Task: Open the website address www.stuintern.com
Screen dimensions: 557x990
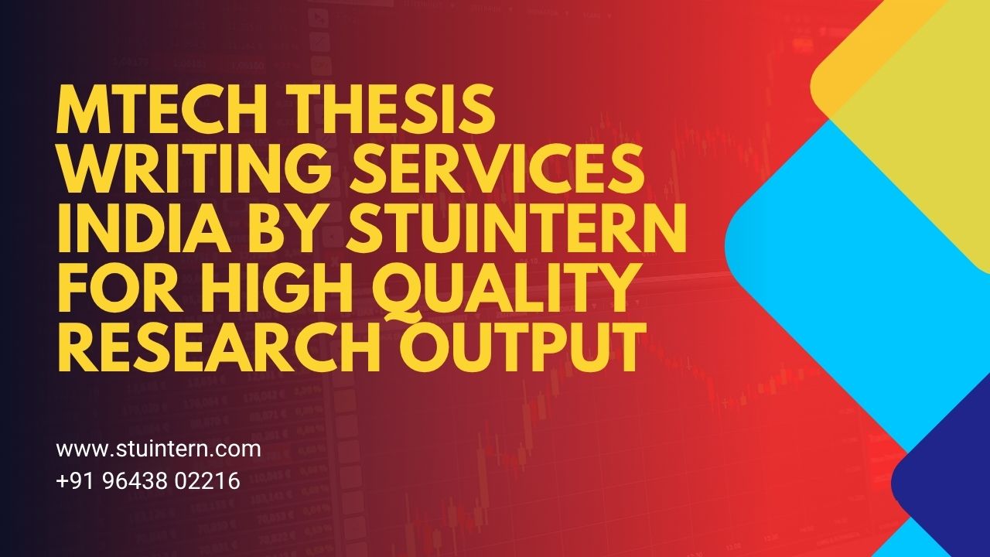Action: tap(159, 449)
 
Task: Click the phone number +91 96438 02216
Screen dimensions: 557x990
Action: tap(148, 481)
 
